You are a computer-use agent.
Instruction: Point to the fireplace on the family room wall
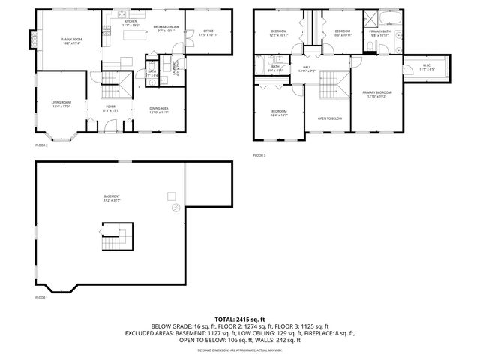point(32,37)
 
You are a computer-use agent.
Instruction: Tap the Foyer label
point(110,109)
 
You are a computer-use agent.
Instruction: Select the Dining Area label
point(158,109)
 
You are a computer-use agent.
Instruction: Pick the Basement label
point(111,199)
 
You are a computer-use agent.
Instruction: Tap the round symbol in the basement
point(173,205)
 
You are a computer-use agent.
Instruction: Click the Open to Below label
point(330,118)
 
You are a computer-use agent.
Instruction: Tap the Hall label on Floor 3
point(307,69)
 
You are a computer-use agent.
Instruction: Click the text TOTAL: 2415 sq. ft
point(240,319)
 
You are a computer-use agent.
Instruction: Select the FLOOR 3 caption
point(259,155)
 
